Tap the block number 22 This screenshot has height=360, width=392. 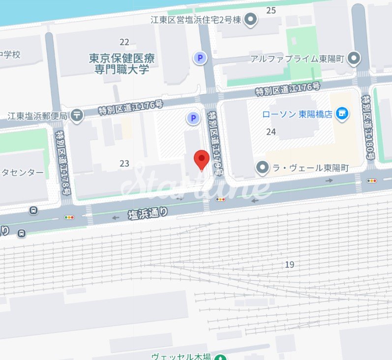coord(124,42)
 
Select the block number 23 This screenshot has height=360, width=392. coord(124,163)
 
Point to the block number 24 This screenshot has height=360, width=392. coord(271,131)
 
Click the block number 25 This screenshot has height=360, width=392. coord(271,10)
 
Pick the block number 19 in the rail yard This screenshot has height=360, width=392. coord(289,265)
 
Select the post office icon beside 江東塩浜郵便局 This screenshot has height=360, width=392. coord(77,116)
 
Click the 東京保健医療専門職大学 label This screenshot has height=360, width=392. coord(121,64)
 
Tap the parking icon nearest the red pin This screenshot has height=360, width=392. coord(193,118)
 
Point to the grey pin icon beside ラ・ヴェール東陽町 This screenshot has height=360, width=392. coord(262,168)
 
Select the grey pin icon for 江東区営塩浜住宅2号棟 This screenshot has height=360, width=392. coord(251,20)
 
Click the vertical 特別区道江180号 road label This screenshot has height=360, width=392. coord(366,127)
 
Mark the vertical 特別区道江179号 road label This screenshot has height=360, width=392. coord(215,143)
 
